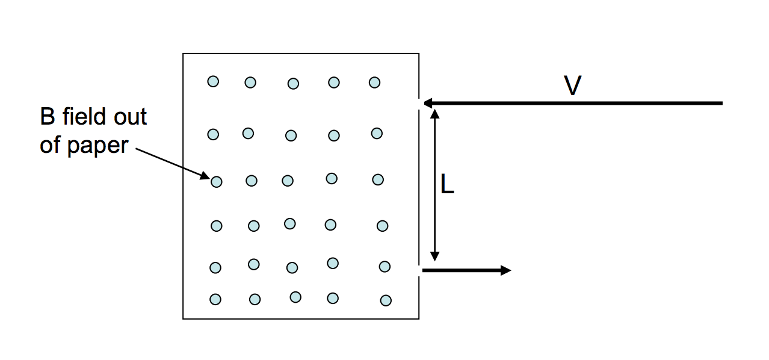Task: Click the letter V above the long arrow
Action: [573, 85]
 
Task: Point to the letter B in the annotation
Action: [48, 116]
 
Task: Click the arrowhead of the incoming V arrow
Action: [427, 103]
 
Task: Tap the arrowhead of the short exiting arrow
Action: [505, 270]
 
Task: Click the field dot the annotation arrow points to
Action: [217, 181]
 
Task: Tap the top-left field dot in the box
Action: [213, 81]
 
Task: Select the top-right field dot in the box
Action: [374, 82]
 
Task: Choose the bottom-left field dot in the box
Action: [215, 299]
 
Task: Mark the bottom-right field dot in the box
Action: [386, 300]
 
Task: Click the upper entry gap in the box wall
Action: [419, 103]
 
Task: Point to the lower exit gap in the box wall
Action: [419, 270]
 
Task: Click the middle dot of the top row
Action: [293, 84]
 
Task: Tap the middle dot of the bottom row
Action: [295, 297]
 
